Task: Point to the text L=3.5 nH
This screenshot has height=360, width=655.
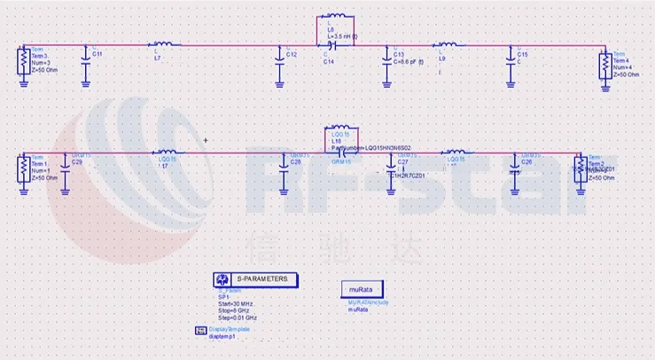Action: click(x=342, y=35)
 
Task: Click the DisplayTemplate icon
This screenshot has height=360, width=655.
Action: click(x=199, y=333)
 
